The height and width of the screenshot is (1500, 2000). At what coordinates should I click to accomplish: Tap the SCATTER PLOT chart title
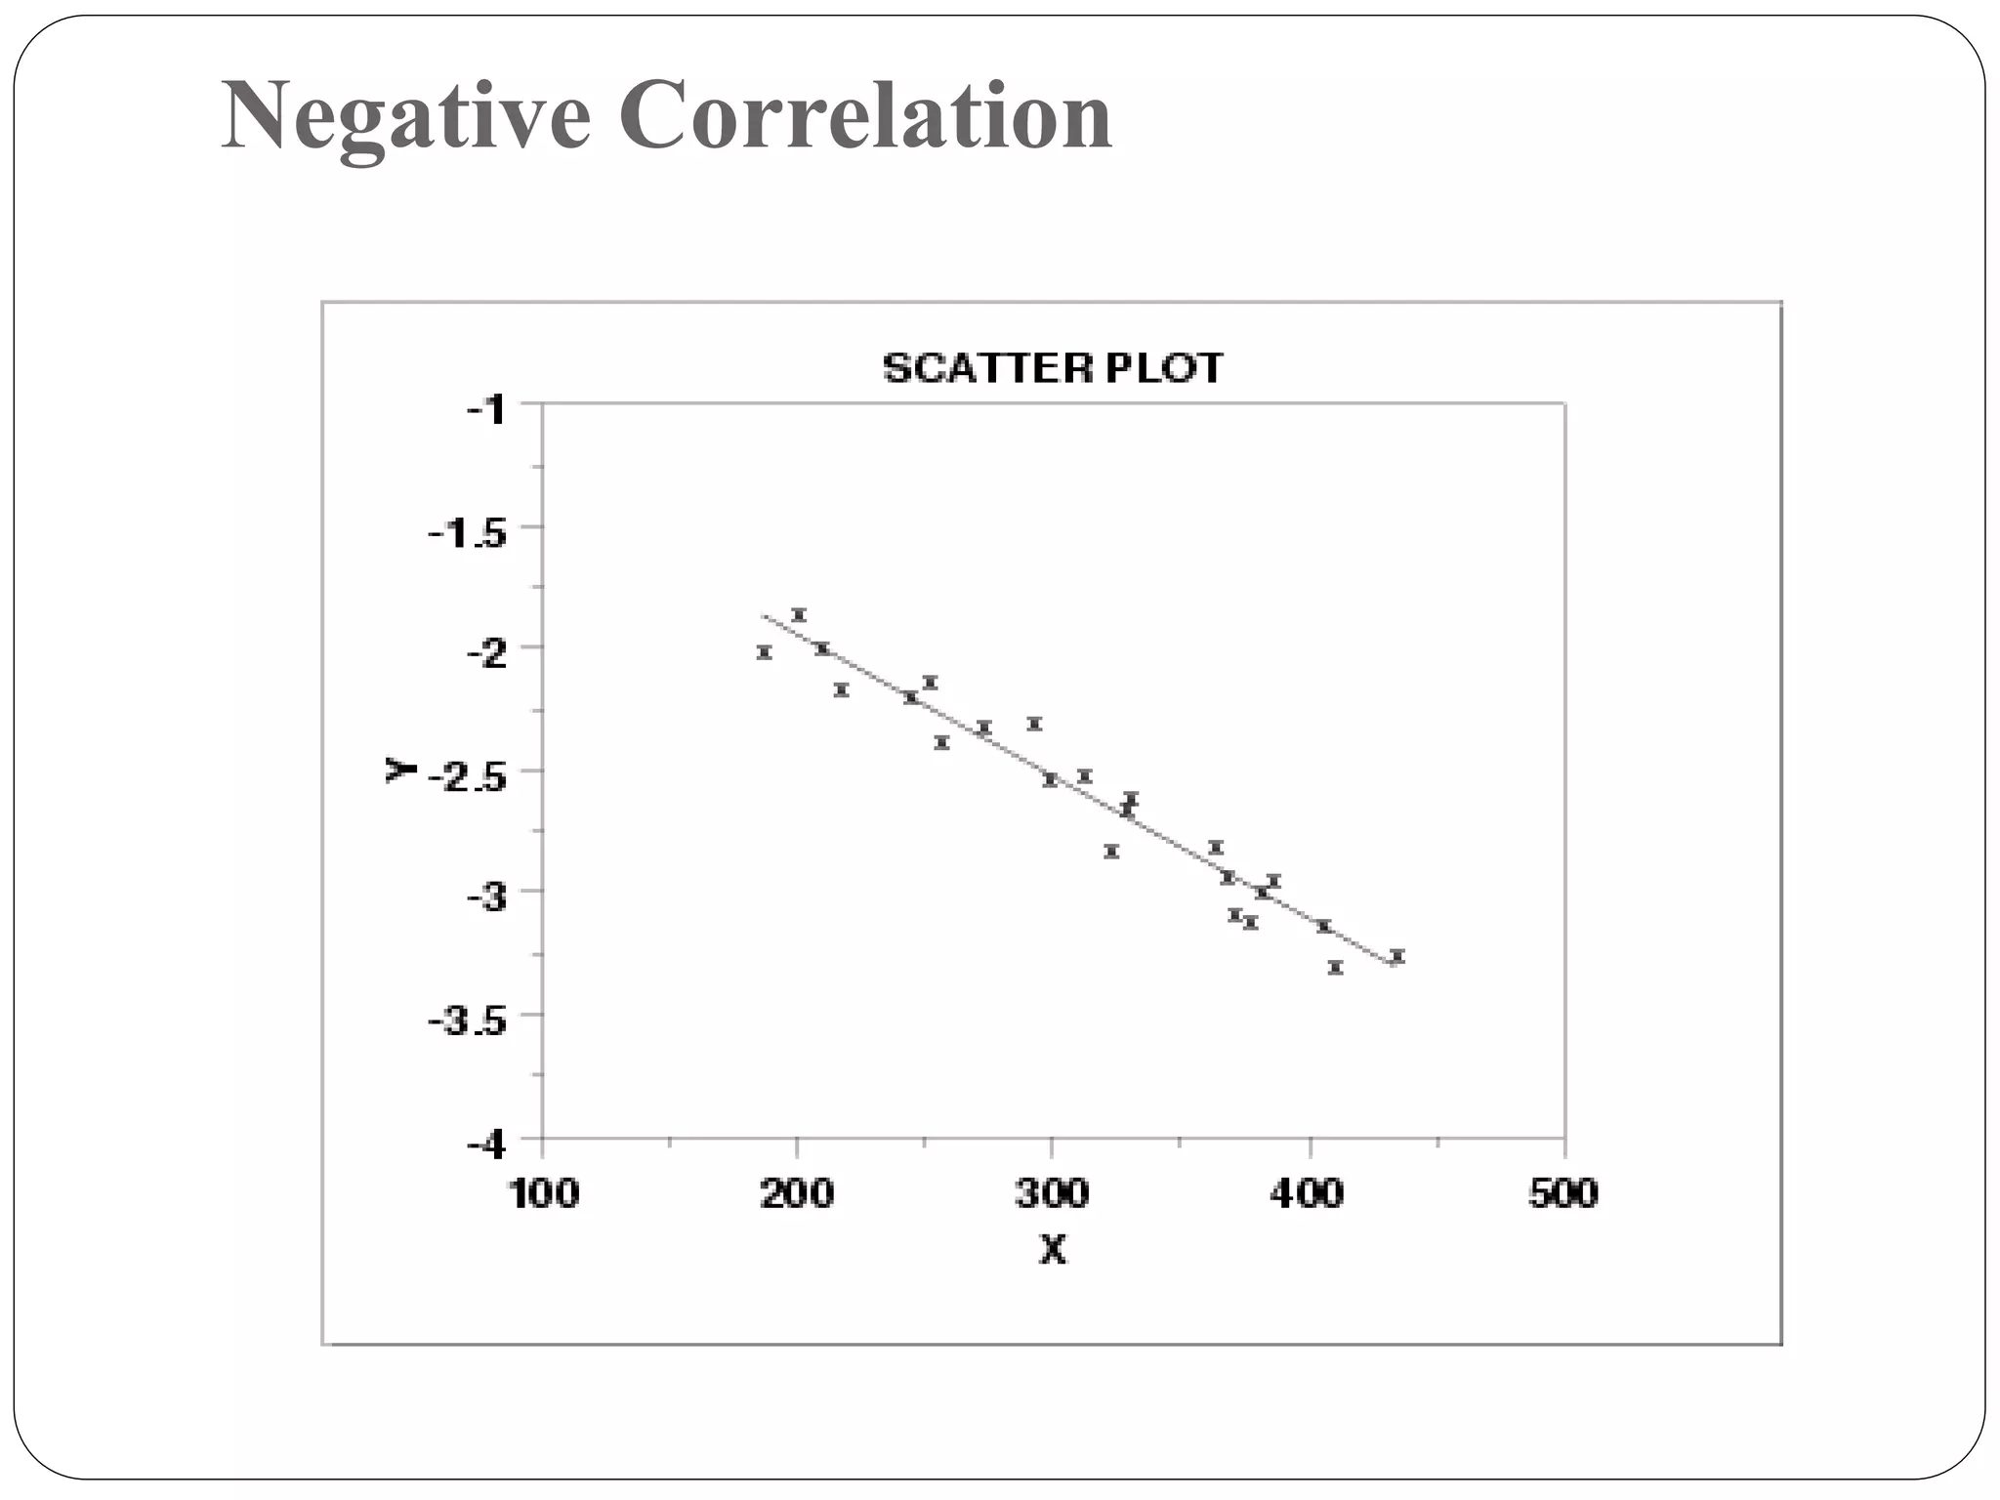[x=1052, y=368]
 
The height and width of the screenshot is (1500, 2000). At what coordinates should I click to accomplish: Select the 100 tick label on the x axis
[x=543, y=1193]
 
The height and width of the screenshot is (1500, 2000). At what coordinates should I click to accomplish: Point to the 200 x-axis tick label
[x=797, y=1193]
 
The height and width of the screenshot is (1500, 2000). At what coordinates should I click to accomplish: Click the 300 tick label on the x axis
[x=1052, y=1193]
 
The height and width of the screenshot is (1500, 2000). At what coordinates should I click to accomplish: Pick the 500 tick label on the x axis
[x=1562, y=1193]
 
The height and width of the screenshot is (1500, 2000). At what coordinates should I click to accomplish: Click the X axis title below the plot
[x=1052, y=1250]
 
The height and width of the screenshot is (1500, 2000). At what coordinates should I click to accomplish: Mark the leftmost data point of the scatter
[x=765, y=652]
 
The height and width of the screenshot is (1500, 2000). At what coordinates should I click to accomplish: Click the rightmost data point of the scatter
[x=1396, y=955]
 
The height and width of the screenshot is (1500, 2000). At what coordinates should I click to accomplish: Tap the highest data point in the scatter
[x=799, y=614]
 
